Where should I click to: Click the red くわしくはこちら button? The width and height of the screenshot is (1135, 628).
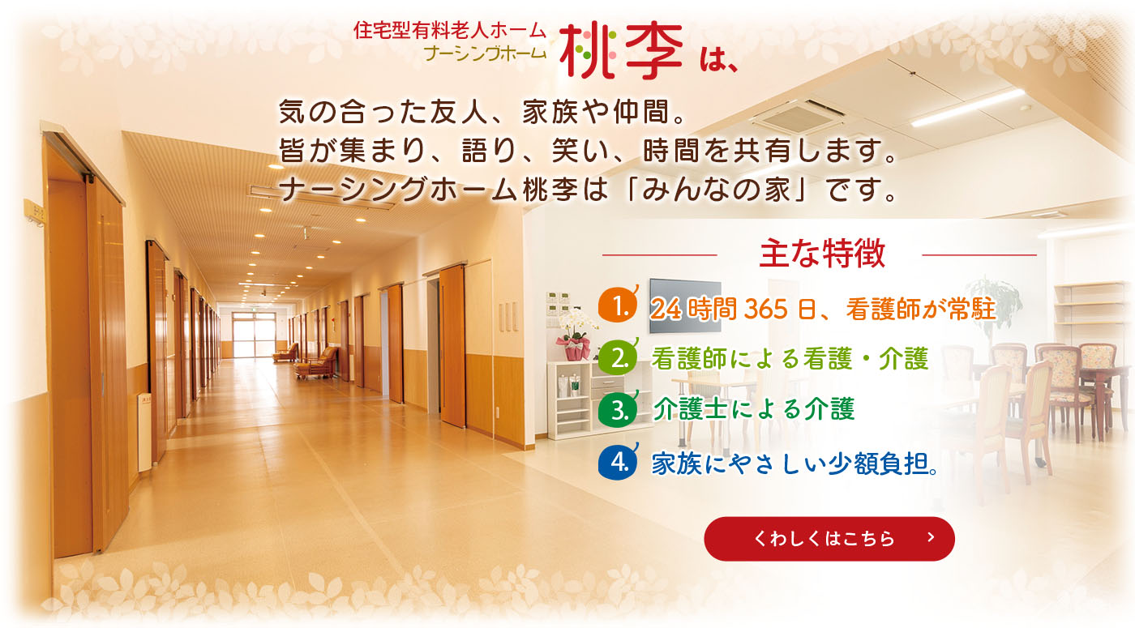pos(829,538)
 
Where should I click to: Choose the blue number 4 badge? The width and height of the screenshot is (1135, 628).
pos(618,461)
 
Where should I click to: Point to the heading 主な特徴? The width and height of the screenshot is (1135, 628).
pos(822,253)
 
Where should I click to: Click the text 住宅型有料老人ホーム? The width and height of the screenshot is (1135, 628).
pos(450,31)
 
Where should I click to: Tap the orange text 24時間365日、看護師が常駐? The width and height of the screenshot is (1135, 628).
pos(824,309)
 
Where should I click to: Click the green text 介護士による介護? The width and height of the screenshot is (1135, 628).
pos(753,408)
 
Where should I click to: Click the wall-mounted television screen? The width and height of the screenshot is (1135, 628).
pos(685,305)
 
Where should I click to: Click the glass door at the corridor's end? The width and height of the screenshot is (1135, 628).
pos(253,335)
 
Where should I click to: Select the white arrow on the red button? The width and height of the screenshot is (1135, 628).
pos(931,537)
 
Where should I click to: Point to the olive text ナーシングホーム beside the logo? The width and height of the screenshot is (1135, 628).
pos(486,53)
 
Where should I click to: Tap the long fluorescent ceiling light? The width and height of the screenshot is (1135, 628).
pos(968,107)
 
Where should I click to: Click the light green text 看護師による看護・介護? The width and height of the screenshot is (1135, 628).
pos(790,358)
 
